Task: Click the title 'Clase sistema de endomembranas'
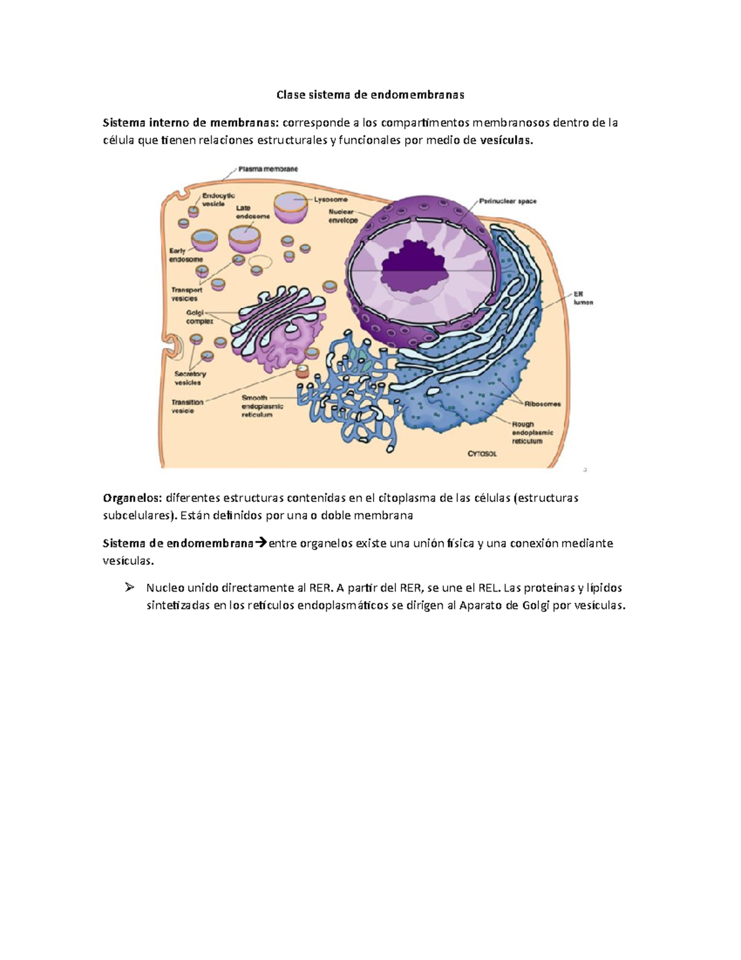(x=370, y=95)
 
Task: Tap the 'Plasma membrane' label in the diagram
(x=268, y=169)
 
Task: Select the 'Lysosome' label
(x=331, y=200)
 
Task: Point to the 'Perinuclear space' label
(x=508, y=201)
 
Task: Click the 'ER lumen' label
(x=582, y=298)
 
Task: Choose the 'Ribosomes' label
(x=542, y=404)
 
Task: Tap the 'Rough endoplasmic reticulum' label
(x=532, y=433)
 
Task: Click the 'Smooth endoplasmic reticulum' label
(x=262, y=406)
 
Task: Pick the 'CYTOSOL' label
(x=482, y=454)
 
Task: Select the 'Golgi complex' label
(x=199, y=316)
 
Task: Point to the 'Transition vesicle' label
(x=186, y=406)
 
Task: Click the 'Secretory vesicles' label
(x=190, y=378)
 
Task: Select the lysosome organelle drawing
(x=291, y=207)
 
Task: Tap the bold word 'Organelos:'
(x=132, y=498)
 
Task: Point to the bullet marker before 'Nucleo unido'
(x=129, y=587)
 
